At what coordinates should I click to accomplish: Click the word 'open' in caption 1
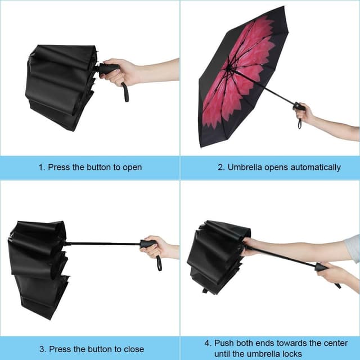(x=132, y=168)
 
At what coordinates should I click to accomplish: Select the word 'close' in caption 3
(x=134, y=349)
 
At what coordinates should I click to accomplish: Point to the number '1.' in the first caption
(x=42, y=168)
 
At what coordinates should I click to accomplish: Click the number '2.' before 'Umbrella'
(x=221, y=168)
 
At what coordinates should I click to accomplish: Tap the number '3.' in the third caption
(x=43, y=349)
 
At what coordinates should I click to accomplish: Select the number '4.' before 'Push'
(x=208, y=343)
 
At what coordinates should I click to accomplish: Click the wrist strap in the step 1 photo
(x=125, y=92)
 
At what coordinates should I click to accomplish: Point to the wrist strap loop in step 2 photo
(x=300, y=123)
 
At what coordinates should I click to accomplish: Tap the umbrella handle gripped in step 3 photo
(x=147, y=244)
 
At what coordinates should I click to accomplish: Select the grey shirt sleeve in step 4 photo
(x=353, y=249)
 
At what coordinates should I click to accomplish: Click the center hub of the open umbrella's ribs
(x=229, y=68)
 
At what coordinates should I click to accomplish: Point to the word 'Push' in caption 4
(x=224, y=343)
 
